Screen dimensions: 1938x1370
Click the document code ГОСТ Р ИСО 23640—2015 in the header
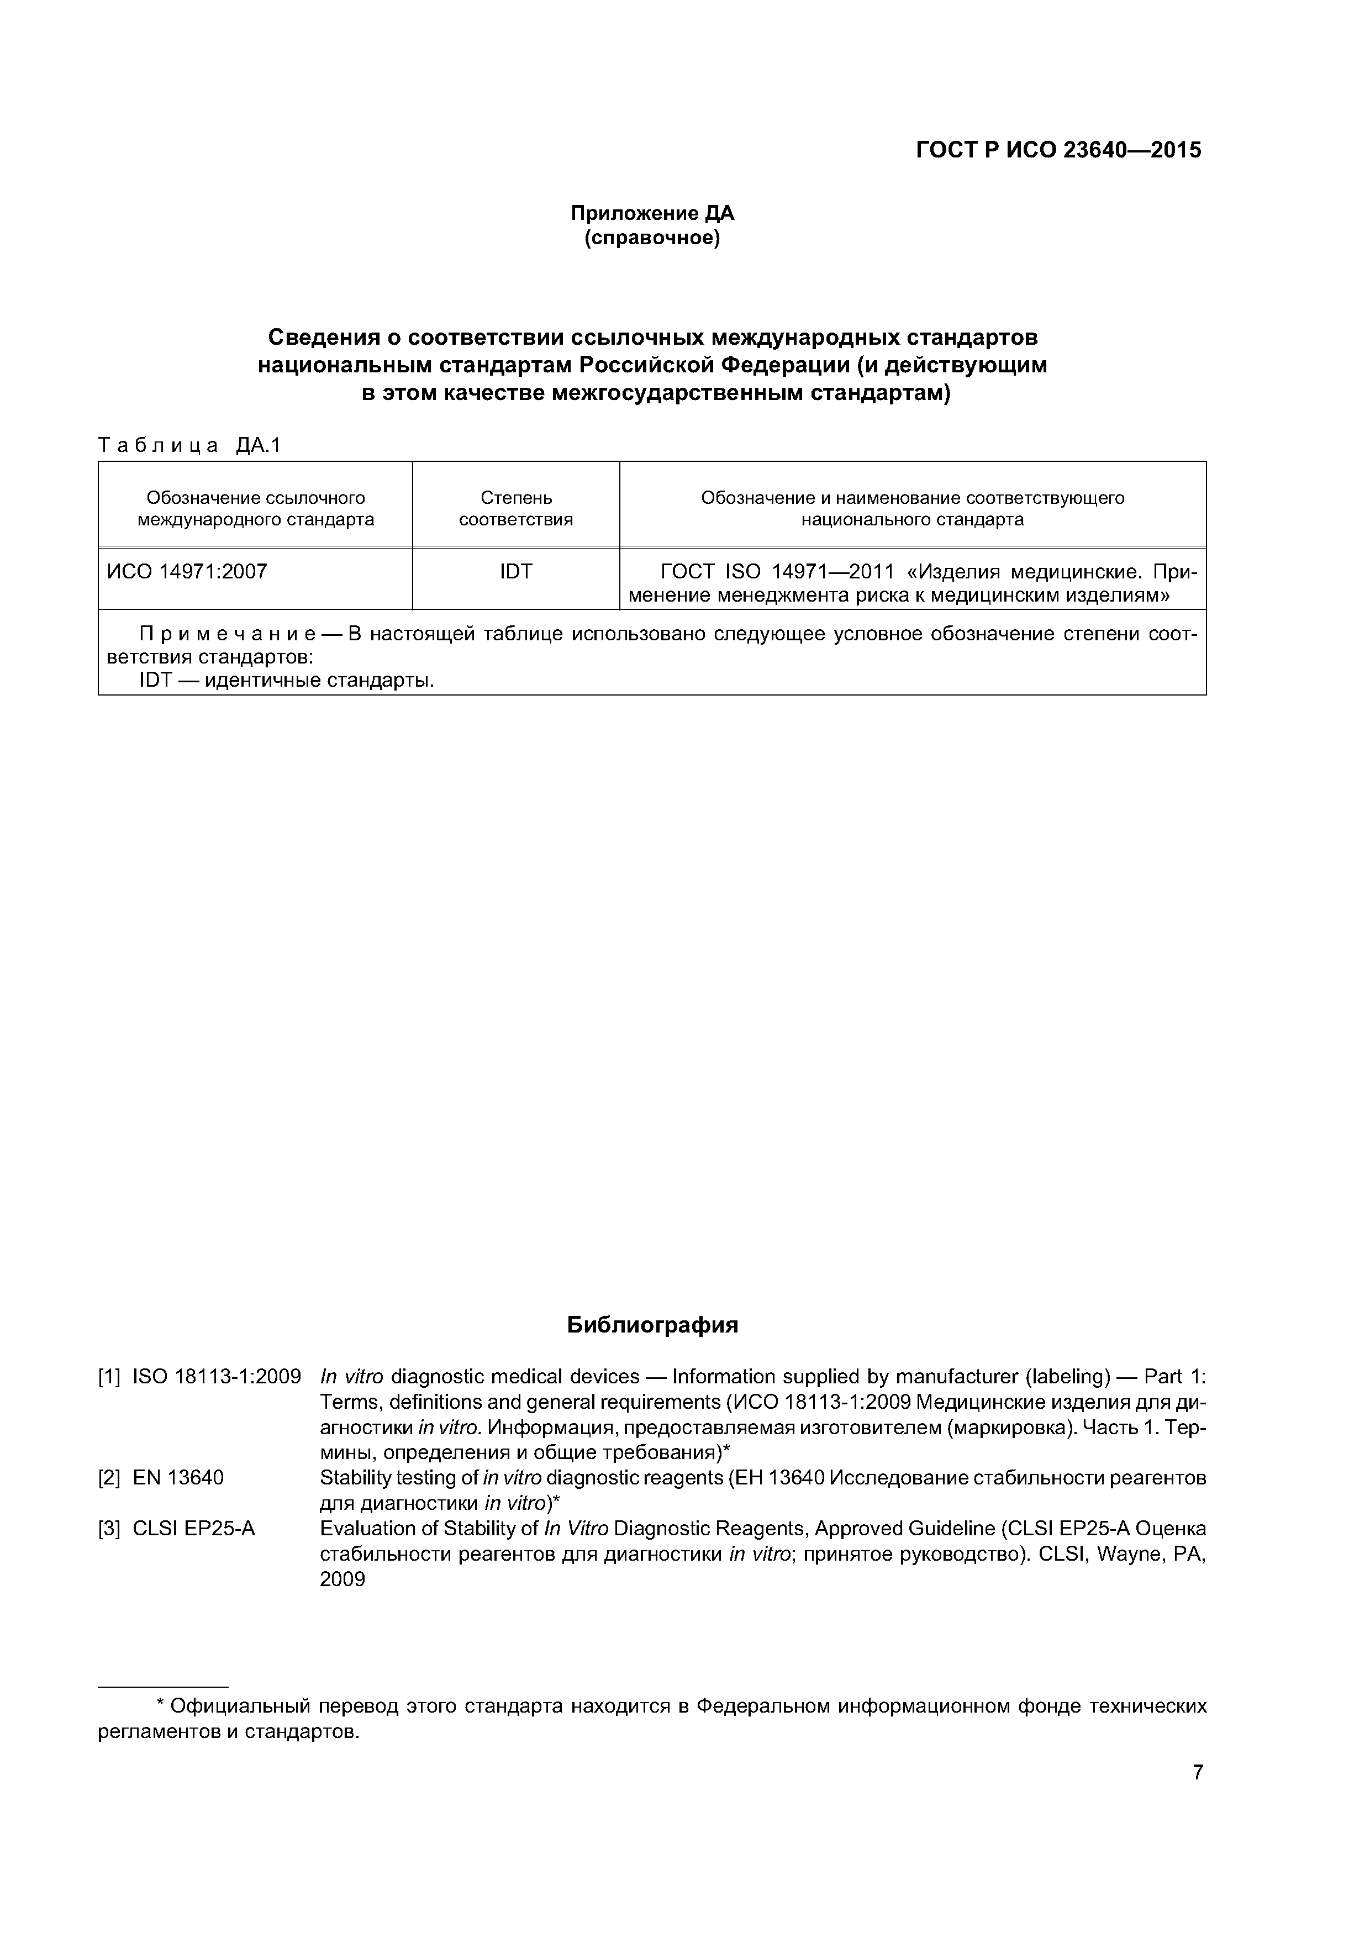[x=1058, y=150]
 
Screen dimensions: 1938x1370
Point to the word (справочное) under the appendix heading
[x=652, y=239]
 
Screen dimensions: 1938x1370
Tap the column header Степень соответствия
[x=516, y=508]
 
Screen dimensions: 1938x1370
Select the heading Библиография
[x=652, y=1324]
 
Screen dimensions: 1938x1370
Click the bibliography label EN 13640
[x=178, y=1477]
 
